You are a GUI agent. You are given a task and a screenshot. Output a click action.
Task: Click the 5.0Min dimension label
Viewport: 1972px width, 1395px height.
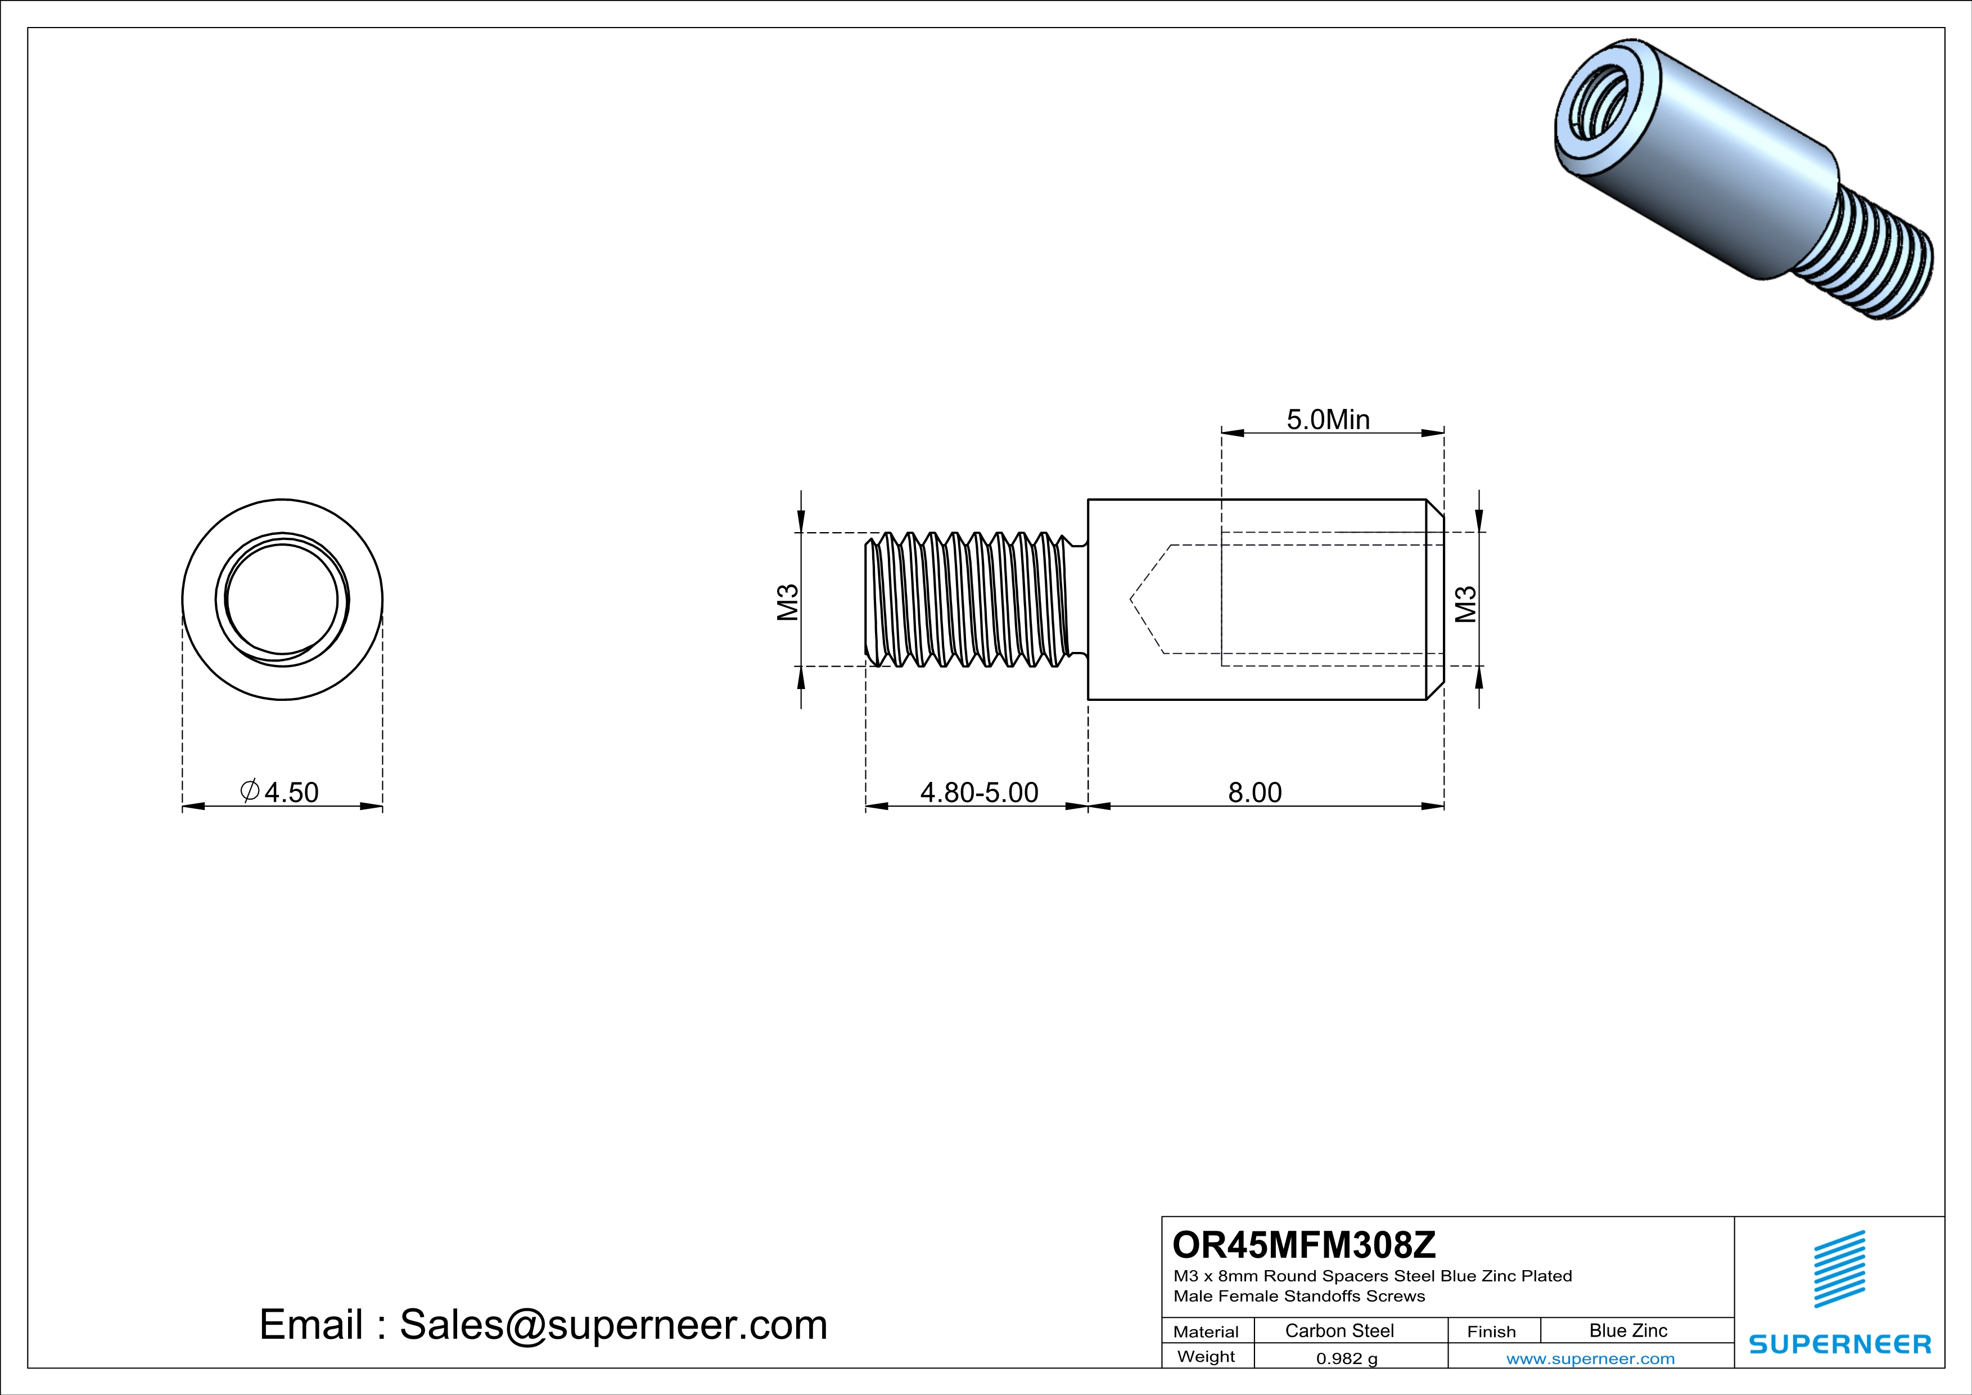point(1328,420)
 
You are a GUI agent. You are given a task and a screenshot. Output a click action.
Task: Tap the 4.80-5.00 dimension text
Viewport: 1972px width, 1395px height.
point(979,792)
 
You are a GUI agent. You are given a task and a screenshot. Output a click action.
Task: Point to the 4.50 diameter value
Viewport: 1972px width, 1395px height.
point(290,792)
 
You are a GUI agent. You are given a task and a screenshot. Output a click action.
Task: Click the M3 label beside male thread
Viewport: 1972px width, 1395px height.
point(788,602)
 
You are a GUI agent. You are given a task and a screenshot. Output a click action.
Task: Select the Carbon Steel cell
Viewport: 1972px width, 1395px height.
point(1338,1330)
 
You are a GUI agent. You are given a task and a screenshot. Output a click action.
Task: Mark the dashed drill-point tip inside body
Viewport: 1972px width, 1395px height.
point(1132,598)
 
